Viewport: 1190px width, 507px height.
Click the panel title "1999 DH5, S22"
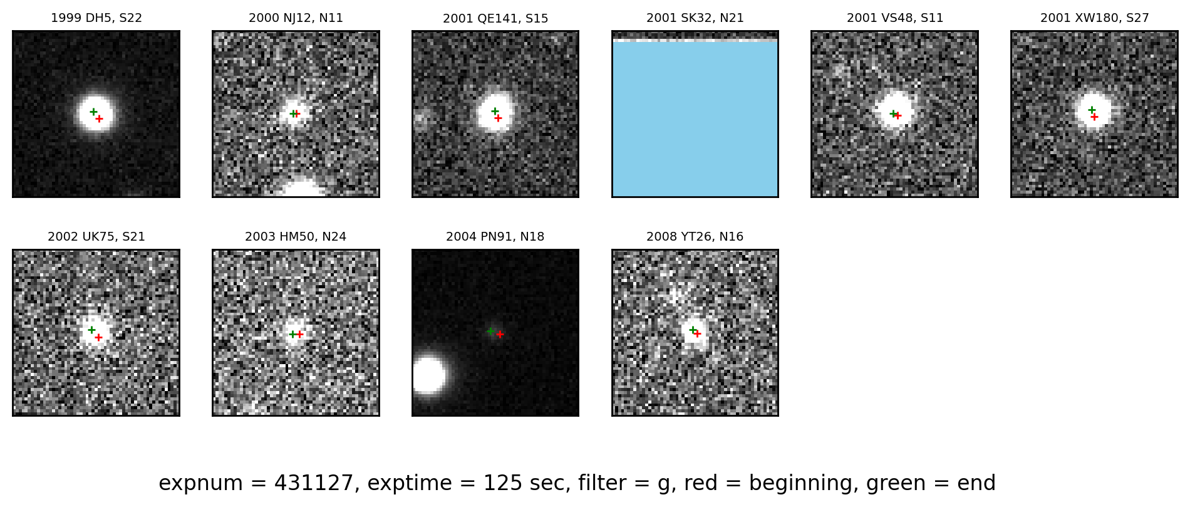point(96,18)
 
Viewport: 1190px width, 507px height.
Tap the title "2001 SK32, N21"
point(695,18)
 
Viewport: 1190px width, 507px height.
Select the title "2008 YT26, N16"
point(695,237)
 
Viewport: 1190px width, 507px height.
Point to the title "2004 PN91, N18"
point(495,237)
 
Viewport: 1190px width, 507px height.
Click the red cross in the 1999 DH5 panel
point(99,118)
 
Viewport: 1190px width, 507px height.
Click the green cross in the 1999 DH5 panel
point(93,112)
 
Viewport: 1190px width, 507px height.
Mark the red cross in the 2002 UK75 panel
point(98,337)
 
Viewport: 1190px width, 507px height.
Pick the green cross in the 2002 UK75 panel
point(91,330)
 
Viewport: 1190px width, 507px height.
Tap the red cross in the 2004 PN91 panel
point(500,334)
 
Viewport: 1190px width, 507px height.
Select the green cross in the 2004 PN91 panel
point(490,331)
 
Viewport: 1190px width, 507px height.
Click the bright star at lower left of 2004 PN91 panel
point(428,375)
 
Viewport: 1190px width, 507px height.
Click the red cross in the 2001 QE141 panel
point(498,118)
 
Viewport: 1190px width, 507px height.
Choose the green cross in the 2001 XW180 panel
point(1092,110)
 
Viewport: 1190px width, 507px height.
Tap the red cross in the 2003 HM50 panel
point(299,334)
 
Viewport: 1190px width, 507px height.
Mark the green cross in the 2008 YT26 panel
point(693,330)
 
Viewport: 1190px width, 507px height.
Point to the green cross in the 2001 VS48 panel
point(894,113)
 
